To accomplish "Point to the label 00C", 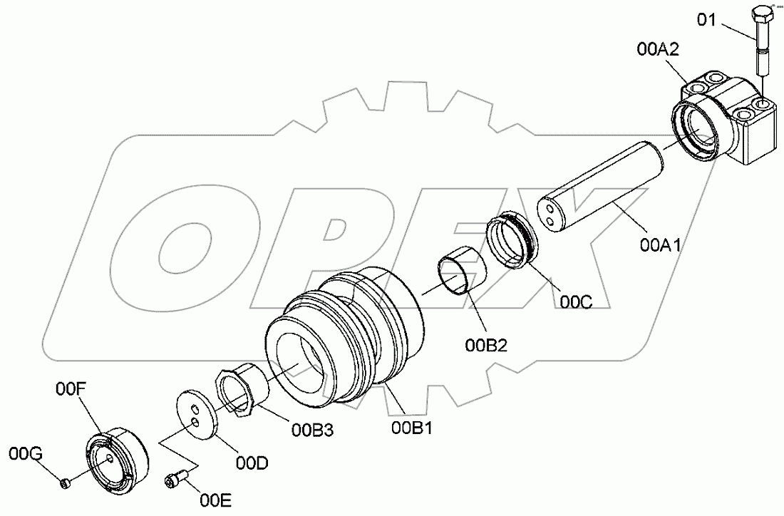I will click(x=575, y=301).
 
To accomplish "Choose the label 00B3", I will click(x=311, y=429).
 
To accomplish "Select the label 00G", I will click(x=24, y=453).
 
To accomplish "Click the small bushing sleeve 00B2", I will click(x=459, y=269).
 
